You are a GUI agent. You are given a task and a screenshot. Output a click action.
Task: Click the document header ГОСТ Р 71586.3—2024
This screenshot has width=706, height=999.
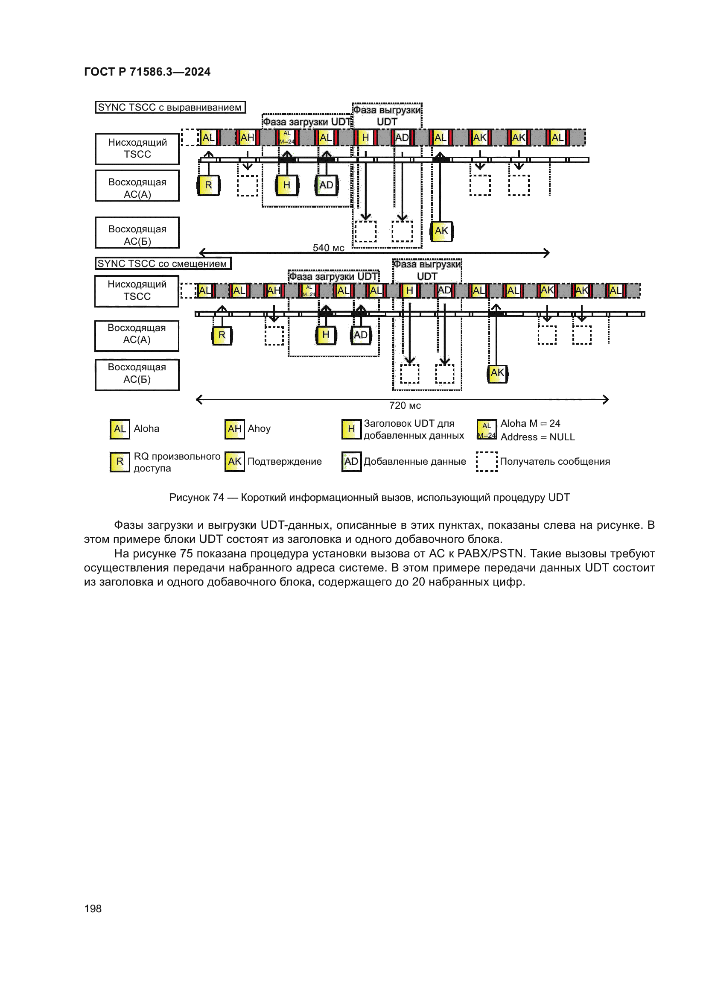147,72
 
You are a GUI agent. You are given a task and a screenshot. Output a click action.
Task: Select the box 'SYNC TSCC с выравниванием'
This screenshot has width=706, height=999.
170,107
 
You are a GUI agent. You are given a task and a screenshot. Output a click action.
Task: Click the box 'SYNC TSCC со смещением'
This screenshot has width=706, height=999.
163,263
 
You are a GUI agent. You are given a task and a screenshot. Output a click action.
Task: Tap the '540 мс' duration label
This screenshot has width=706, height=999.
328,248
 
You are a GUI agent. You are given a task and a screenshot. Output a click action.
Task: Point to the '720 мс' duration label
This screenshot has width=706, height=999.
405,405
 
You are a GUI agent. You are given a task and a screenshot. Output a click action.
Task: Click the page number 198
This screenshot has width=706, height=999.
93,908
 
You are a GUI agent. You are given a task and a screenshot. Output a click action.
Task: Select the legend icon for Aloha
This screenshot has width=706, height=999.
120,429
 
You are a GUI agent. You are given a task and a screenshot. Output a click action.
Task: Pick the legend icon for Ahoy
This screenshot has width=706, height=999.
234,429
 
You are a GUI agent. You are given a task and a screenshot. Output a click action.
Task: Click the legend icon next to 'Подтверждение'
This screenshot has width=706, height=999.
234,461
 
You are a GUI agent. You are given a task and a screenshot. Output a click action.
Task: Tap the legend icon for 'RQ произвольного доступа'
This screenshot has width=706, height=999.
120,461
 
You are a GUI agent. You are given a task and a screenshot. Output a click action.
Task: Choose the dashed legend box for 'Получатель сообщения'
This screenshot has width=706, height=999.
487,461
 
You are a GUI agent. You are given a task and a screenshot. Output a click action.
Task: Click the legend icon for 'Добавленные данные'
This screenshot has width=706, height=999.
351,461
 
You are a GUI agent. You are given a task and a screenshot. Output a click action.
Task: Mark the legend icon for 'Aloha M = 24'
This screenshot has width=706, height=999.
487,429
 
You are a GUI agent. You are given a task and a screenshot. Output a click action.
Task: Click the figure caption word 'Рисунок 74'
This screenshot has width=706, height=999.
196,497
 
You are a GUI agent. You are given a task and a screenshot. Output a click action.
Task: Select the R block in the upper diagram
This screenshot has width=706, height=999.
209,185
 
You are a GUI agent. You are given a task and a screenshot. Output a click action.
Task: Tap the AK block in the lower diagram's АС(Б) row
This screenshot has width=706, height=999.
497,373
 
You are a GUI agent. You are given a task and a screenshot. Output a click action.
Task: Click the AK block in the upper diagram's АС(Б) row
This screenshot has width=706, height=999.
441,231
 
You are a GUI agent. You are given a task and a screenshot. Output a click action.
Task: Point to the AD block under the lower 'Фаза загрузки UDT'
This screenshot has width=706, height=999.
360,335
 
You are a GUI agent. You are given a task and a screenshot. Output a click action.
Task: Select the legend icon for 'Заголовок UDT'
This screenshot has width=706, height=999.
351,429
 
